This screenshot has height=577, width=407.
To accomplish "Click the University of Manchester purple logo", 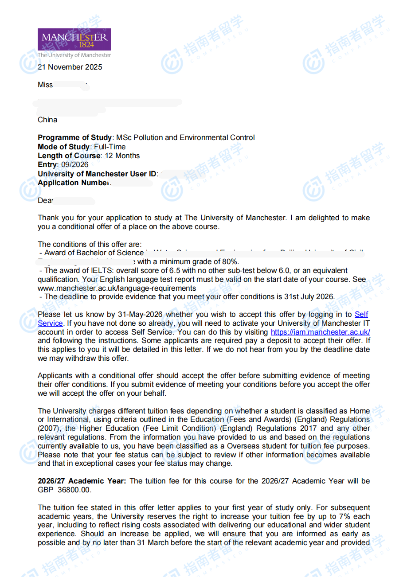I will pyautogui.click(x=74, y=39).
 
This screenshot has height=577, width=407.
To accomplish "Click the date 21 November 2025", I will pyautogui.click(x=70, y=67).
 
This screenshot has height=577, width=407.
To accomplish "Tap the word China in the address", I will pyautogui.click(x=47, y=120).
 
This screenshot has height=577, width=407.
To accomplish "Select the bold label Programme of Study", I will pyautogui.click(x=74, y=138).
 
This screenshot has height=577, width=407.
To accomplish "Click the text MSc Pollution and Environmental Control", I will pyautogui.click(x=185, y=138).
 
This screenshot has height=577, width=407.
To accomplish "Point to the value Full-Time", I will pyautogui.click(x=110, y=147).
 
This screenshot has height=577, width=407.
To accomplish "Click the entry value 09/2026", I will pyautogui.click(x=75, y=165).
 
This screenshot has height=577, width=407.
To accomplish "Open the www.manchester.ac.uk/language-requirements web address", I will pyautogui.click(x=117, y=288).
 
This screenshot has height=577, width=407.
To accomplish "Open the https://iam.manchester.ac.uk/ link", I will pyautogui.click(x=320, y=332).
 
